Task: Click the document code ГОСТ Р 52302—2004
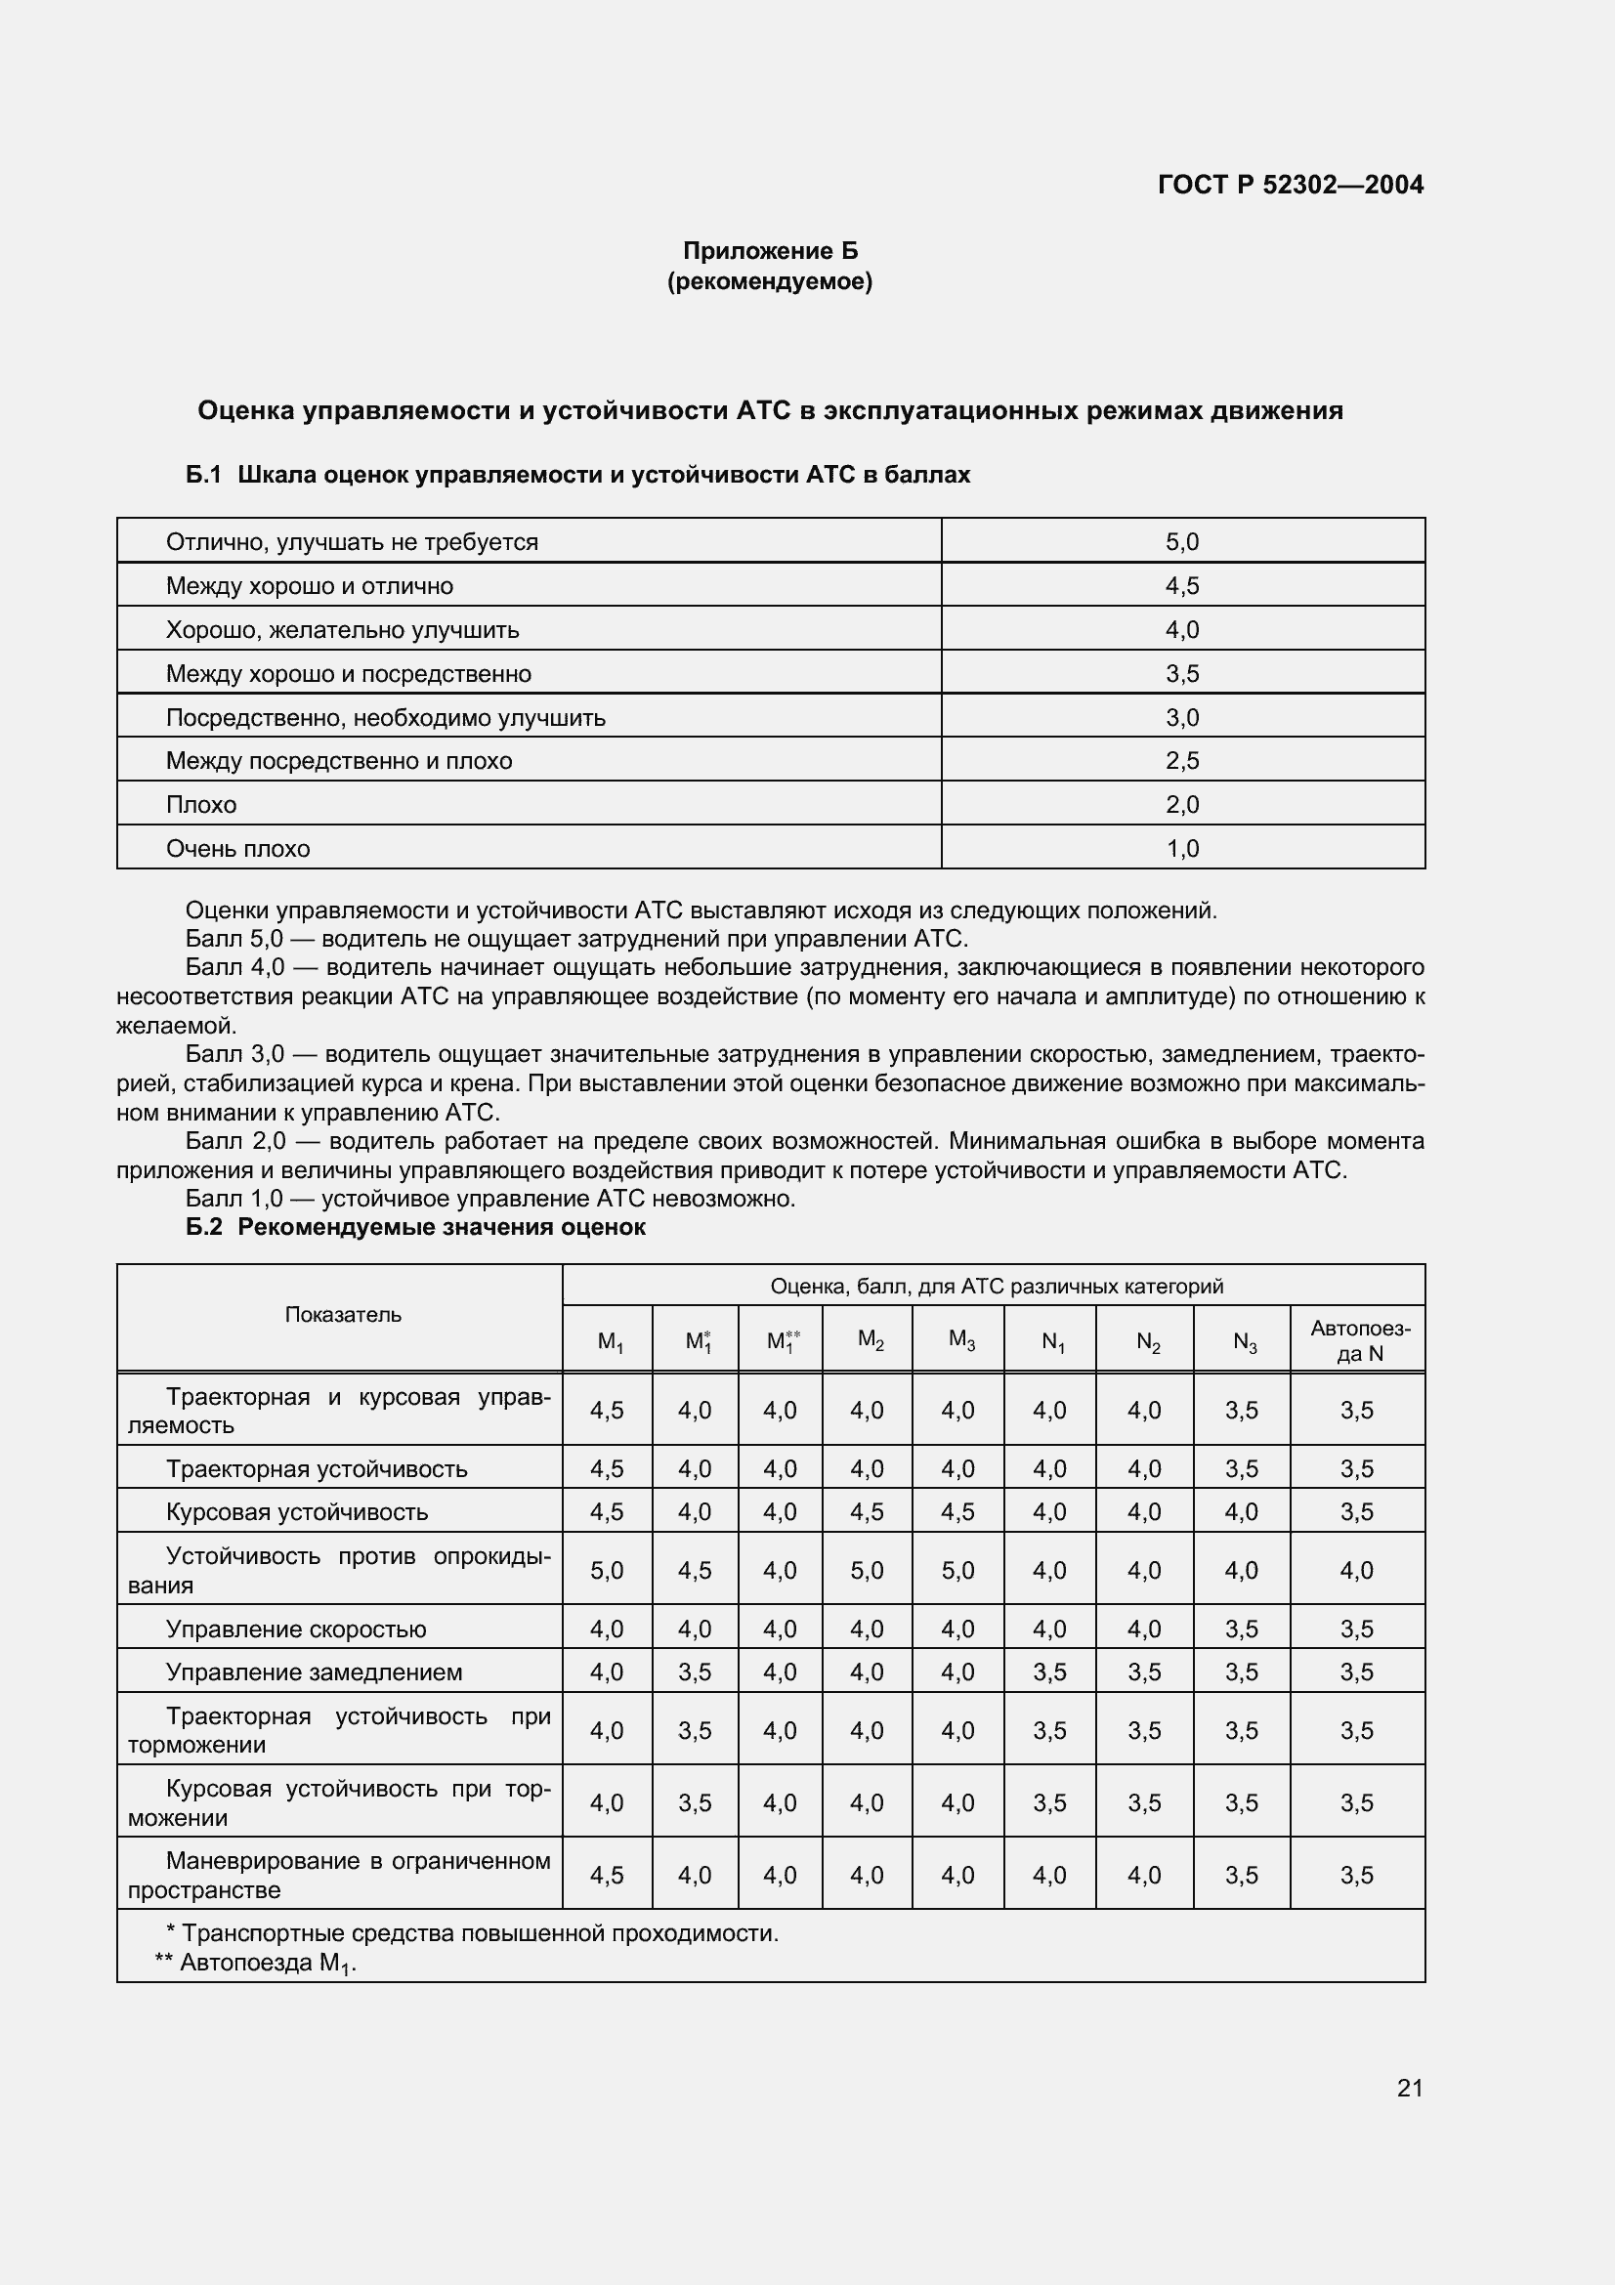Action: [1290, 185]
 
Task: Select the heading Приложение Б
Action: [769, 251]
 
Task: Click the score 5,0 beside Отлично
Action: [1182, 542]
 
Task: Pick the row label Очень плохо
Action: [237, 849]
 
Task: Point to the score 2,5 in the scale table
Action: [1182, 761]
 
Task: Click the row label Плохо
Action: [201, 805]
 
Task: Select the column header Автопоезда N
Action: [1358, 1340]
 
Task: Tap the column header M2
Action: [870, 1340]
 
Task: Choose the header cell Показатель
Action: [343, 1315]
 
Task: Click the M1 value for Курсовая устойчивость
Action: [607, 1511]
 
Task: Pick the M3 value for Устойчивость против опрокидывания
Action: [957, 1571]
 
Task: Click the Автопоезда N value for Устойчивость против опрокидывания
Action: [1356, 1571]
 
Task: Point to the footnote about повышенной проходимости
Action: [472, 1932]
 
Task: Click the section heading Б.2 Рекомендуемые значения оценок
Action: [415, 1227]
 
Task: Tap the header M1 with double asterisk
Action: [782, 1340]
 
